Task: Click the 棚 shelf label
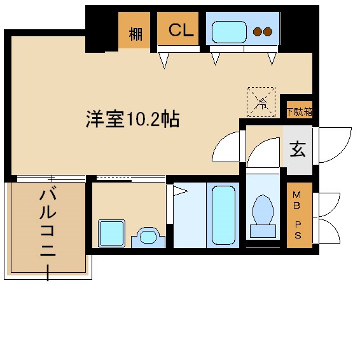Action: tap(135, 33)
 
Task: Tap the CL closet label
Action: tap(180, 31)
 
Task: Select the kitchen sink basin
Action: tap(229, 31)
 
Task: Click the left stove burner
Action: tap(258, 31)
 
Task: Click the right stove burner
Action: tap(268, 31)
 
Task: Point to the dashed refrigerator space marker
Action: tap(261, 101)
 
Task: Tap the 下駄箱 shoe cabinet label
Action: tap(299, 111)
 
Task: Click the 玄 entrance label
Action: tap(297, 150)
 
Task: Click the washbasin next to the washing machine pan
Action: tap(148, 238)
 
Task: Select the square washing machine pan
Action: tap(112, 233)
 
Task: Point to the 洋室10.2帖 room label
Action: tap(132, 118)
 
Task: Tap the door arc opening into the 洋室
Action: tap(226, 148)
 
